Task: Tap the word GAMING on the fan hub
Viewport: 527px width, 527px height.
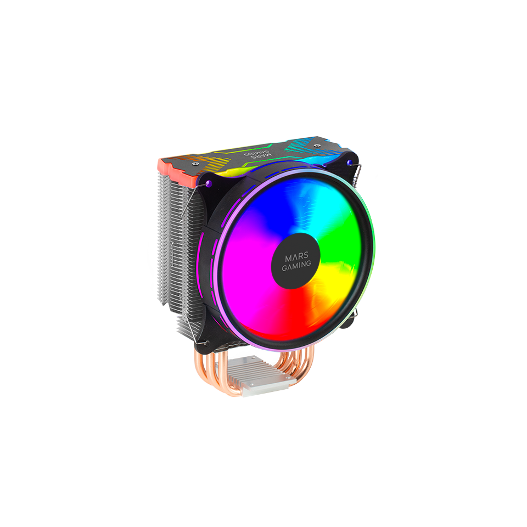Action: click(x=296, y=264)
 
